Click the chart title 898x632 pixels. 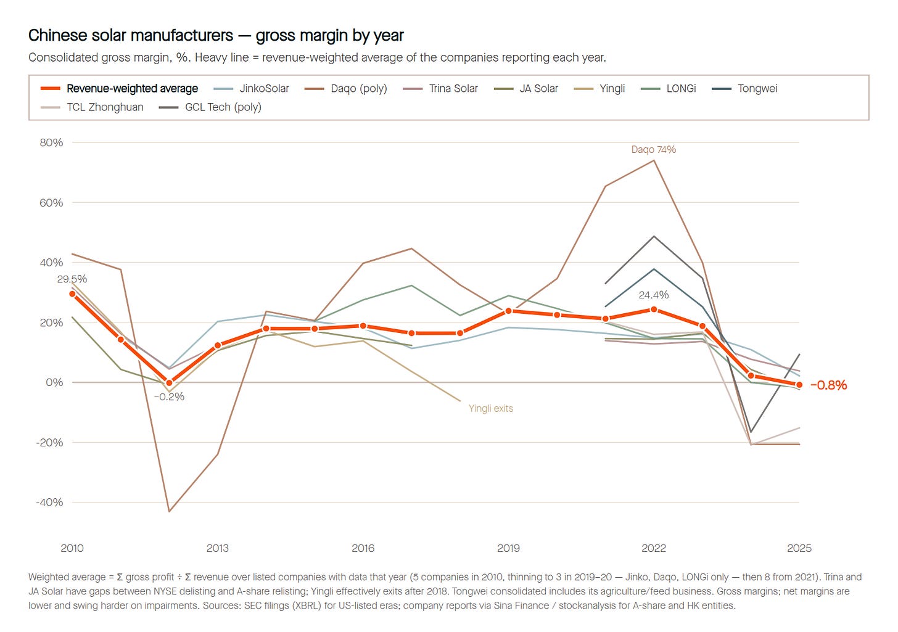point(216,35)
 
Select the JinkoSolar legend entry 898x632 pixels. point(252,89)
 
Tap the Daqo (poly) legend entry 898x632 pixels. point(345,89)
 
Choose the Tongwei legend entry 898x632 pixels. point(744,89)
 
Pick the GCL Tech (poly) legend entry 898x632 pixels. point(210,107)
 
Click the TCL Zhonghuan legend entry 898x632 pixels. point(93,107)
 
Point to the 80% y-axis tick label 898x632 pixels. point(51,142)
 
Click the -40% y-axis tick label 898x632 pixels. point(50,502)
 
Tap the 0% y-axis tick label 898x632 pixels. point(54,382)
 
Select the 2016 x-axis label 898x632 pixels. point(363,548)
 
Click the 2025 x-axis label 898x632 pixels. point(799,548)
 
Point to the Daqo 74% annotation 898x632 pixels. point(654,149)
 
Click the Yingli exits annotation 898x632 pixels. point(491,408)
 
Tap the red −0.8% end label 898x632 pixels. point(828,385)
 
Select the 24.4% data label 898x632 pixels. point(654,295)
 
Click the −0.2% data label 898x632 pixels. point(169,396)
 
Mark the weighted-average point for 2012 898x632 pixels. point(169,383)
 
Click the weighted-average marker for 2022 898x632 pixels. point(654,310)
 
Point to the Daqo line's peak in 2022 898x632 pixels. point(654,160)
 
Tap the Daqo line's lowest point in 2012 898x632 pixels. point(169,511)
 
